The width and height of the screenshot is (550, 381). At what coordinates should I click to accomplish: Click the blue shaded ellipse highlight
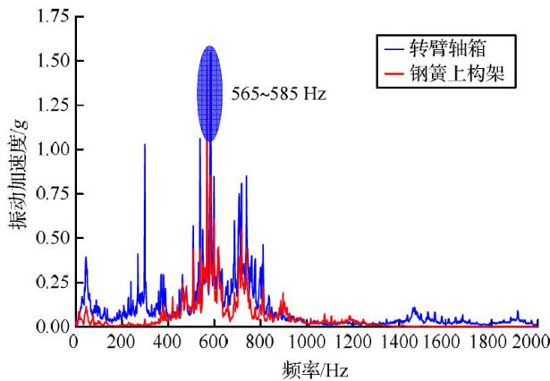click(208, 93)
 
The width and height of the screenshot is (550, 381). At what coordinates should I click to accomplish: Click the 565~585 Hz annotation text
click(279, 92)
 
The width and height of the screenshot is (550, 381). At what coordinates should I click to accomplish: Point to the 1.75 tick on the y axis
click(47, 16)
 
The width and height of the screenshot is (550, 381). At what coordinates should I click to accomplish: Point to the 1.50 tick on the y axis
click(47, 61)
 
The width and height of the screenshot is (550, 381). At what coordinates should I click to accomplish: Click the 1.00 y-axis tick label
click(47, 149)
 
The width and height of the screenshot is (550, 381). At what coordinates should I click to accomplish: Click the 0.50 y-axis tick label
click(47, 238)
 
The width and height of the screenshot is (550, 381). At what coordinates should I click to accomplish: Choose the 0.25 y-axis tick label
click(47, 283)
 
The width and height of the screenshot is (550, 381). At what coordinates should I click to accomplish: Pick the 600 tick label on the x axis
click(213, 342)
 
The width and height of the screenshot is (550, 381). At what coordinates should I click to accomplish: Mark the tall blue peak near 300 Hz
click(144, 148)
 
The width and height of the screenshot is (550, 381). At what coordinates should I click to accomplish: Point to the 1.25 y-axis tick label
click(47, 106)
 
